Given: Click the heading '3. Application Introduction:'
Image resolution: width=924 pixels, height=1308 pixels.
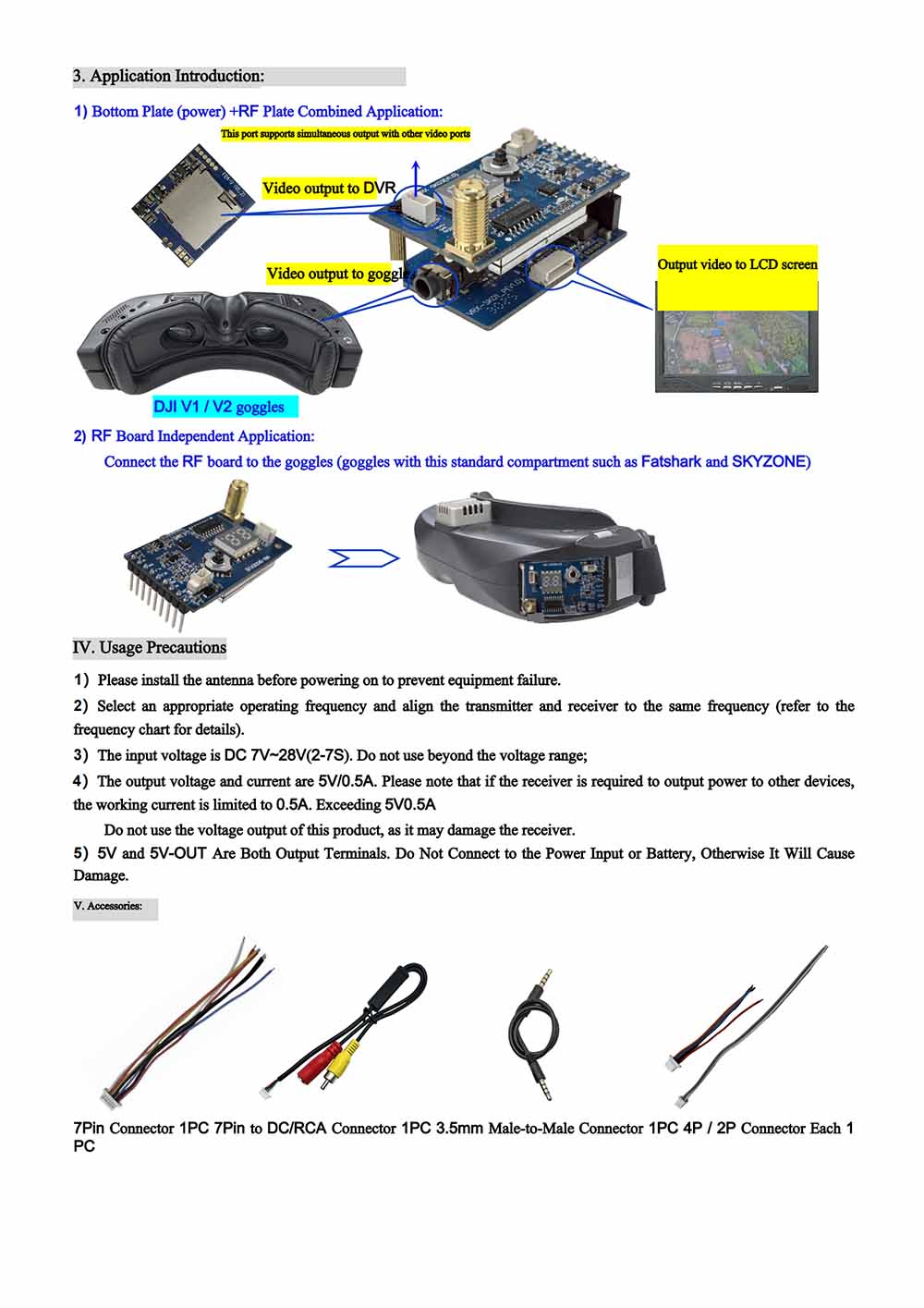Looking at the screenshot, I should point(169,76).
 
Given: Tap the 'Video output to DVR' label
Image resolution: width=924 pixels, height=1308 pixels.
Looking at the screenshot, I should point(328,189).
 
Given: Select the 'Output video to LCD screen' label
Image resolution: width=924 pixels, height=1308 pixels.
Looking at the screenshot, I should point(736,264).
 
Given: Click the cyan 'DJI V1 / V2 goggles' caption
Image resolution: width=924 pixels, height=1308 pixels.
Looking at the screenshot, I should point(219,407).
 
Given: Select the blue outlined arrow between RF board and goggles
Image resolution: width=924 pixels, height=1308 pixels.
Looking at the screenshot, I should point(363,558).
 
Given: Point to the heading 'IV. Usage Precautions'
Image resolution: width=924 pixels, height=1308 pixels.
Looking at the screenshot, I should point(150,647).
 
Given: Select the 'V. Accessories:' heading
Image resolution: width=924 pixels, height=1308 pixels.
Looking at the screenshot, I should point(108,906).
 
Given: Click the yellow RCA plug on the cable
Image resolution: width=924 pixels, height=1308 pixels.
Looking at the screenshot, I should point(339,1063).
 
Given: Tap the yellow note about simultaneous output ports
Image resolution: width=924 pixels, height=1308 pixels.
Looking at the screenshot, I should point(346,134).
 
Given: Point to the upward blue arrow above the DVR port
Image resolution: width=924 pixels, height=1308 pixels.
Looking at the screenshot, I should point(416,171).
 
